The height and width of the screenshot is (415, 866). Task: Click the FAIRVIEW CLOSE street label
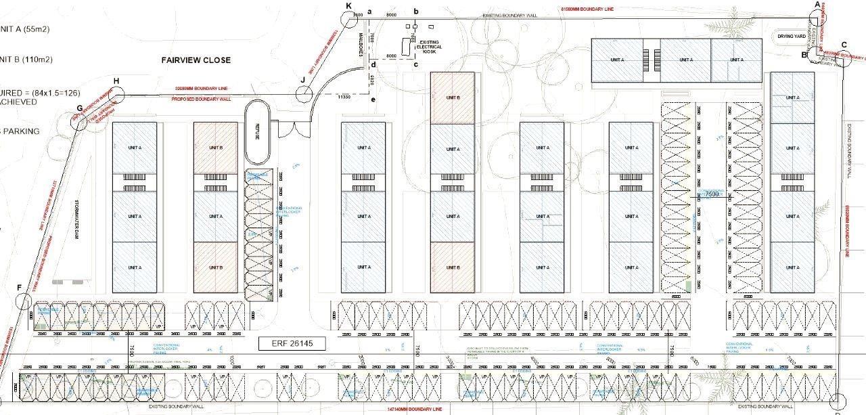tap(196, 60)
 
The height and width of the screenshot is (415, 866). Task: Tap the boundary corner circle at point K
tap(349, 18)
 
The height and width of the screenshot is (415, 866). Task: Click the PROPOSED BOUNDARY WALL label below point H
tap(202, 98)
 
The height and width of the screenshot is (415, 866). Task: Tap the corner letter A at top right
tap(817, 5)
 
